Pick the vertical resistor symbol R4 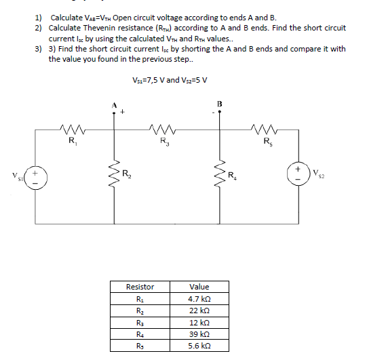coord(220,178)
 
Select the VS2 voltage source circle coord(299,169)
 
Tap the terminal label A coord(115,104)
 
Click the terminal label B coord(219,103)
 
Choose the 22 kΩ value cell coord(199,311)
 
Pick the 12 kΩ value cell coord(199,323)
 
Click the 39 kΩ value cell coord(199,334)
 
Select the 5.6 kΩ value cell coord(199,346)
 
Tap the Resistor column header coord(140,287)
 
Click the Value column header coord(199,287)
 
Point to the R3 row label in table coord(140,323)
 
